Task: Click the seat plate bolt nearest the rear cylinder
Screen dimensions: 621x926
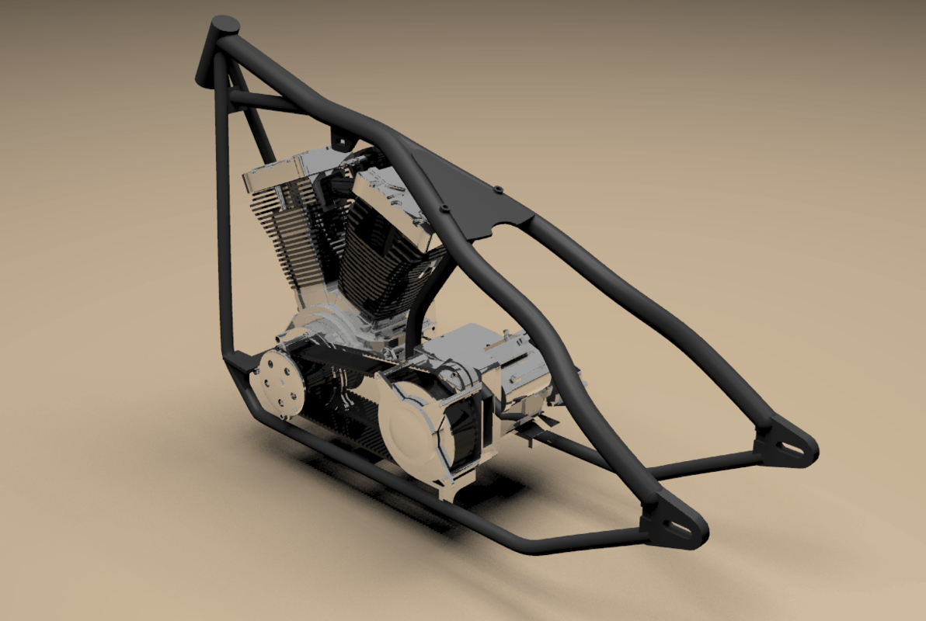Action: click(444, 208)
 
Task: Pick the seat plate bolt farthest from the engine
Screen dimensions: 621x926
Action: click(496, 187)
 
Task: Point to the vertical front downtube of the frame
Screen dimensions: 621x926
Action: click(225, 233)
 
